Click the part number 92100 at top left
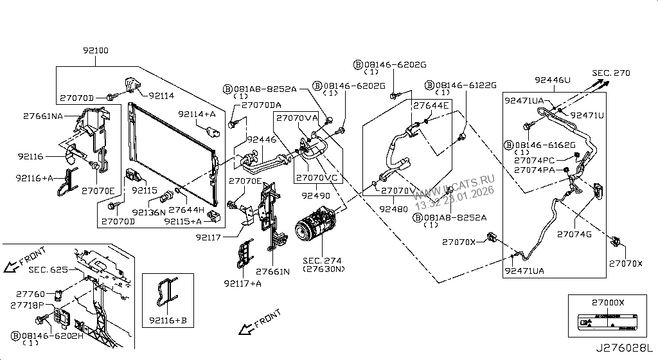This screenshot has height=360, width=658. click(x=96, y=50)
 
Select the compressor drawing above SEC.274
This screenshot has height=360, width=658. click(x=316, y=231)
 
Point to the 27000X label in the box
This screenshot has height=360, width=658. click(x=607, y=302)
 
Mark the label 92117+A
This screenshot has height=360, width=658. click(x=243, y=283)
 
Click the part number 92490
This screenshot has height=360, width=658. click(x=315, y=195)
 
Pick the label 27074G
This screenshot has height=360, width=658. click(x=574, y=234)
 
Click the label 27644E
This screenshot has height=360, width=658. click(x=431, y=105)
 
